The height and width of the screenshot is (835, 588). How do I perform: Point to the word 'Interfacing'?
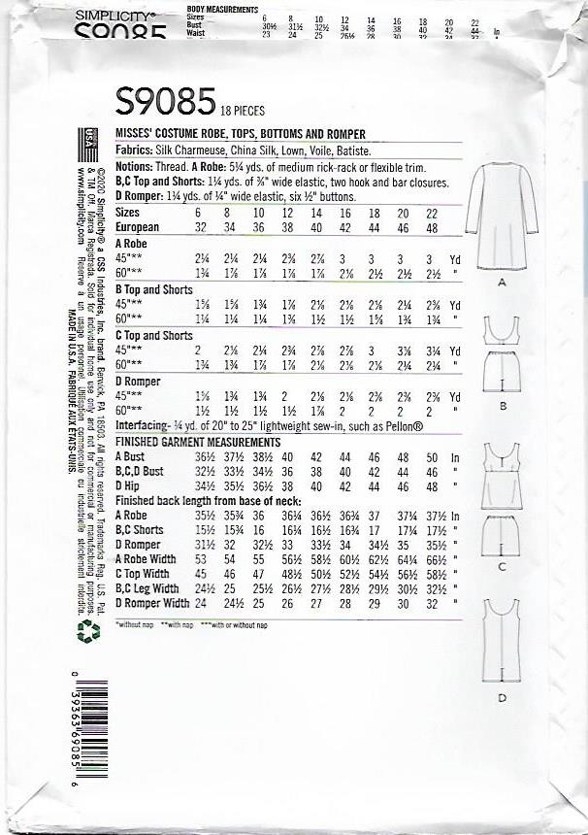[x=143, y=426]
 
